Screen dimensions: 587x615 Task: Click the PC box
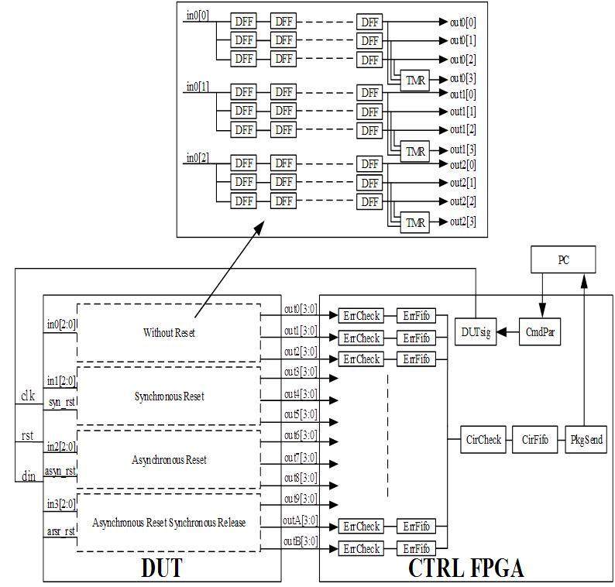563,260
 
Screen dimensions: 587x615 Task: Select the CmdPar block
539,333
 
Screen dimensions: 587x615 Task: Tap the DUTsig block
475,333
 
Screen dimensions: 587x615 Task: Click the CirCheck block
484,440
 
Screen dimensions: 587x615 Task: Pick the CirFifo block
534,440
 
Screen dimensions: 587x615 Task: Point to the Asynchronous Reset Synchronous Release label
169,523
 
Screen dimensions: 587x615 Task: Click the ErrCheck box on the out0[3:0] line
361,316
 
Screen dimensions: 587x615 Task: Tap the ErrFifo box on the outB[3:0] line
416,549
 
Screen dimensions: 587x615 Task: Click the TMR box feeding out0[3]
416,80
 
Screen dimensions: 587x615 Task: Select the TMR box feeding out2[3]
416,223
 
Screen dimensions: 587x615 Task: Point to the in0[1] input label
197,87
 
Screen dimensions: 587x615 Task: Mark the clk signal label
28,396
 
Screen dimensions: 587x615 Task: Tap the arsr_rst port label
60,531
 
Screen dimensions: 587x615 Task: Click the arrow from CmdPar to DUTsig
507,333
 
